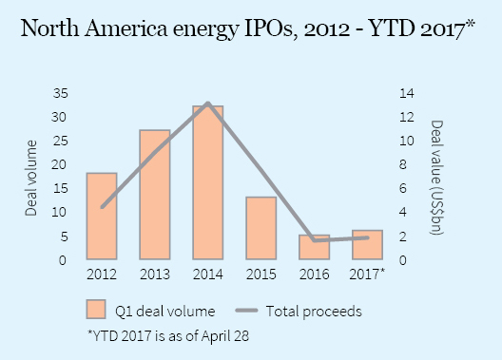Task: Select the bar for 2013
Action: tap(155, 195)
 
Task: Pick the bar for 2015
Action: tap(261, 228)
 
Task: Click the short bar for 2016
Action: tap(314, 247)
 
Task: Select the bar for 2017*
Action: tap(367, 245)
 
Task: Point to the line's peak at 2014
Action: tap(207, 103)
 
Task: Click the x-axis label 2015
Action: tap(261, 275)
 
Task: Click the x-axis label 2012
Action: tap(102, 275)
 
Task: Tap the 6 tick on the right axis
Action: tap(407, 188)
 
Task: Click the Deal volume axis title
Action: tap(31, 177)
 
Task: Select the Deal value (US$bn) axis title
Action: tap(436, 177)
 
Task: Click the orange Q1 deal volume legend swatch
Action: tap(95, 310)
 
